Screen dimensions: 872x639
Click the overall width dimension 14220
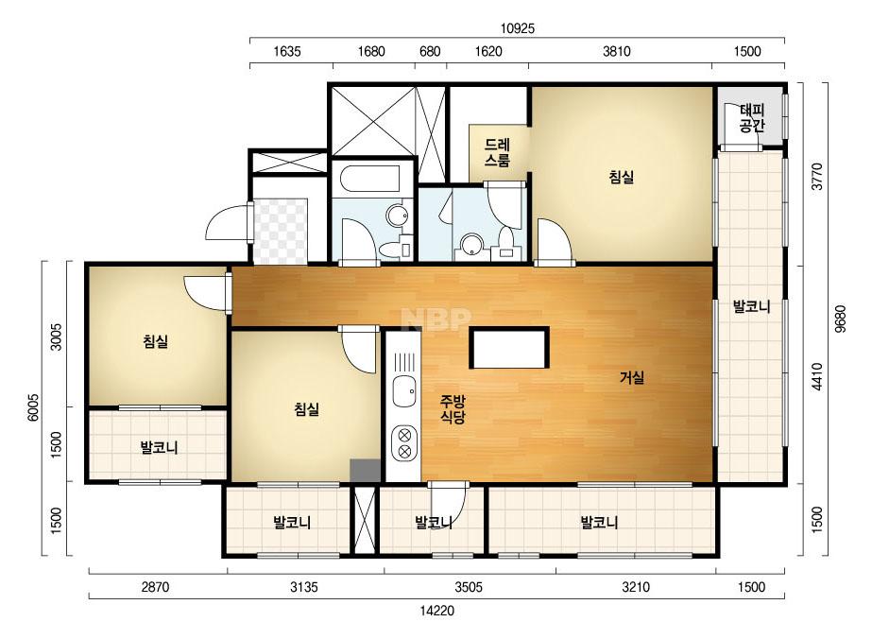(436, 611)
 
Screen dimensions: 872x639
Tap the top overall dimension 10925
(517, 28)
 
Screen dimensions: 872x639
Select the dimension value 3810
(617, 52)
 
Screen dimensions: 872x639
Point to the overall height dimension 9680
(840, 319)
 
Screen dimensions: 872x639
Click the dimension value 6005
(33, 407)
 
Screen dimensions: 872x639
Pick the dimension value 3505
(469, 587)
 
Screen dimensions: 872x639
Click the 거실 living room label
(632, 378)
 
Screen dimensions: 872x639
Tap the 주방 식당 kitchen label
(453, 409)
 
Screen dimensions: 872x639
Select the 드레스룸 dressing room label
(497, 153)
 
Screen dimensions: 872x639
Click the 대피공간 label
(752, 118)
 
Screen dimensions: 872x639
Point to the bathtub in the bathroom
(367, 178)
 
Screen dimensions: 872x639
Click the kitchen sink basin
(403, 391)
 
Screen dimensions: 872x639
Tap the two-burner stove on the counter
(404, 443)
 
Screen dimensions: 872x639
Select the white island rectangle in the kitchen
(509, 348)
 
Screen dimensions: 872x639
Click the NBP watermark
(436, 319)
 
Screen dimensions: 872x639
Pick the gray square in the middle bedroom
(366, 471)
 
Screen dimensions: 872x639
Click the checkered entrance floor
(281, 231)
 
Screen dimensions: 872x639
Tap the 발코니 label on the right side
(751, 306)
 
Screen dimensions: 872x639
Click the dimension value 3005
(56, 337)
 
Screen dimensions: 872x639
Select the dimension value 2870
(155, 587)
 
